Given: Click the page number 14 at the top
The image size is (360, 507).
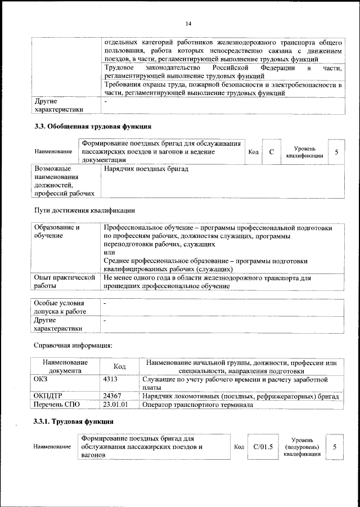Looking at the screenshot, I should click(188, 23).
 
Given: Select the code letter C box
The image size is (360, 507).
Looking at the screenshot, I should click(271, 152).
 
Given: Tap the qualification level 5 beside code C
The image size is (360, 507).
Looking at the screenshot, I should click(336, 152).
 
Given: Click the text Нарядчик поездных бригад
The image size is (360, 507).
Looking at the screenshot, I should click(146, 169).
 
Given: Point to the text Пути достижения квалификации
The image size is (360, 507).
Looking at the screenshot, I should click(85, 211).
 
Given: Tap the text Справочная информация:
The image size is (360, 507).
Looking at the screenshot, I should click(73, 345).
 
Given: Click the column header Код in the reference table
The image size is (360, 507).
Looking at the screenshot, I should click(119, 366).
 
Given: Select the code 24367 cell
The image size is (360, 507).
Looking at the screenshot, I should click(115, 396).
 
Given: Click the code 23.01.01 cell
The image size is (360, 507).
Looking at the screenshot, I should click(116, 404).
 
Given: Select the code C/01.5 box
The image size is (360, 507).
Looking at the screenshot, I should click(263, 447).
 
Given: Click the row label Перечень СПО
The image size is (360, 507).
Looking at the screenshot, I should click(57, 404).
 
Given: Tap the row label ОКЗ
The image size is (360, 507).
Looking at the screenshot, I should click(42, 380).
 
